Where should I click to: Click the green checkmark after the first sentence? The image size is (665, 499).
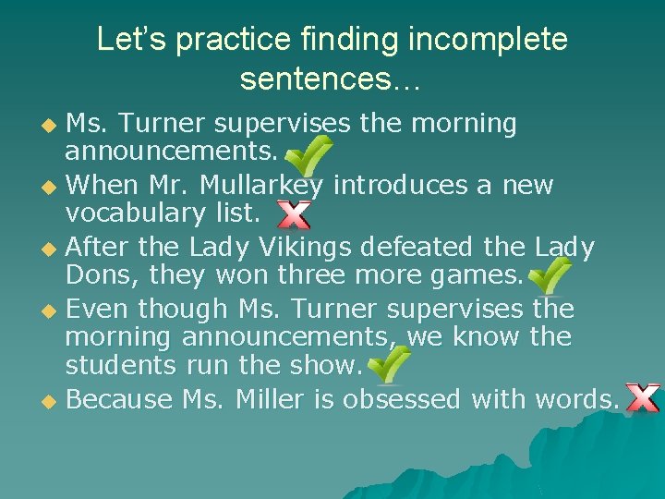click(x=311, y=152)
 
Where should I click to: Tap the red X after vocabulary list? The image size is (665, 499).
click(x=294, y=215)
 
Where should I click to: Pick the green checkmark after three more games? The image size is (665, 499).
click(x=550, y=275)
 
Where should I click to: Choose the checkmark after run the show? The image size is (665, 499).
click(x=389, y=365)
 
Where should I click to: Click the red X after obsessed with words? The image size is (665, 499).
click(x=642, y=398)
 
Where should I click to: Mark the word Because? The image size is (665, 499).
click(x=120, y=400)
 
